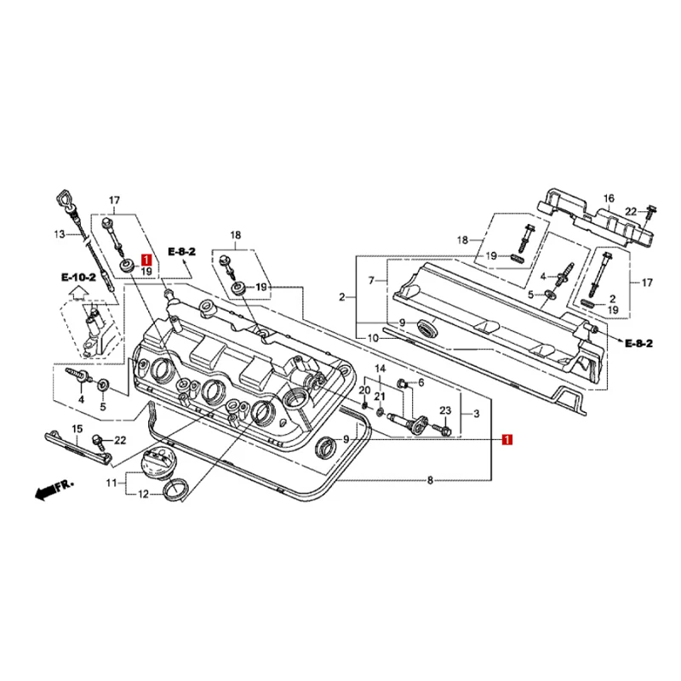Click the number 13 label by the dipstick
60,234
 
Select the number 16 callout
609,198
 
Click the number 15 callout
77,429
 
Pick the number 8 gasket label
431,482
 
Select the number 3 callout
476,414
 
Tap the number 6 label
421,383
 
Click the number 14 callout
381,369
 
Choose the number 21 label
381,397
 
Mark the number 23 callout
444,411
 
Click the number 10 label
372,338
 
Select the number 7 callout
371,280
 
